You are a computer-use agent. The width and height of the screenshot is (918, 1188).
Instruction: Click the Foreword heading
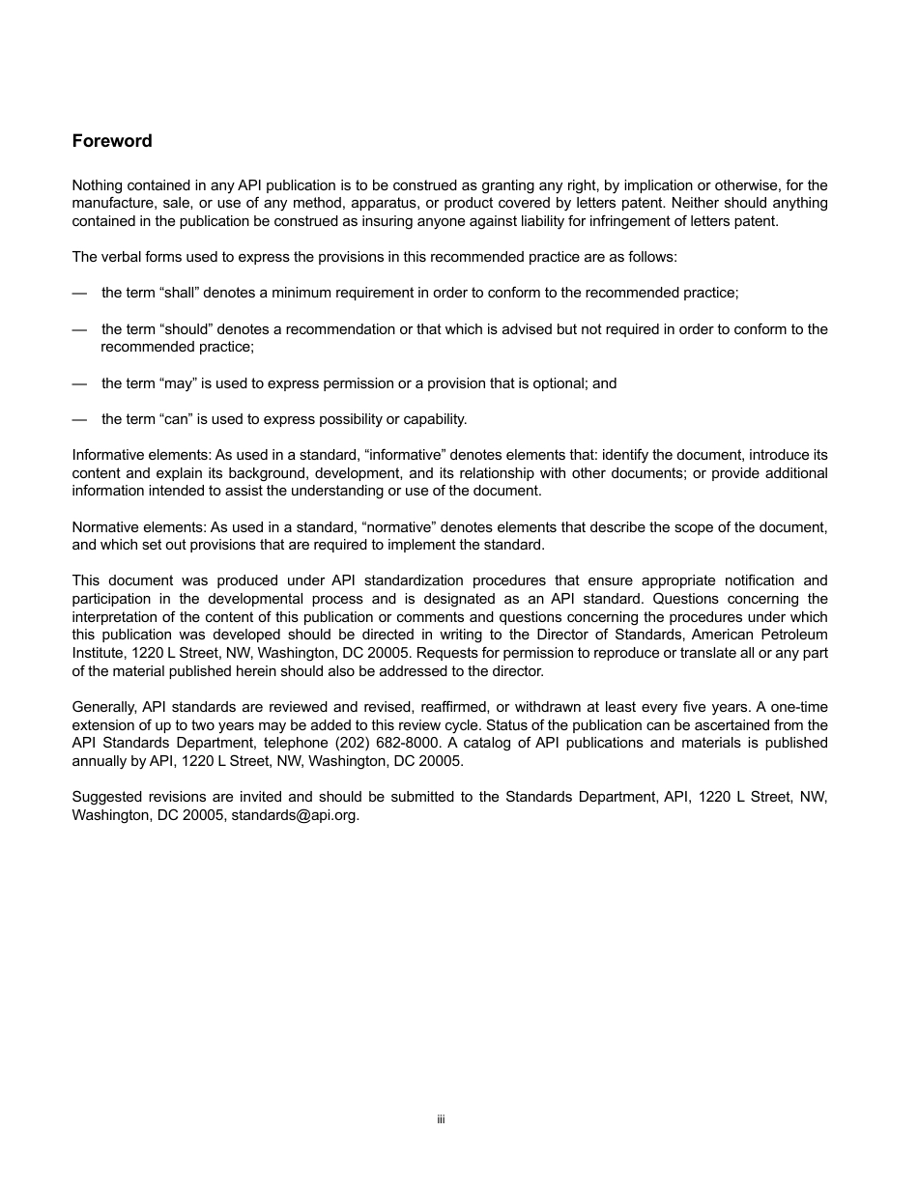coord(112,141)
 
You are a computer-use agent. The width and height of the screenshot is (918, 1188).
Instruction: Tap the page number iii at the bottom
coord(441,1119)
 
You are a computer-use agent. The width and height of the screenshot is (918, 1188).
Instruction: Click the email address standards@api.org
coord(295,814)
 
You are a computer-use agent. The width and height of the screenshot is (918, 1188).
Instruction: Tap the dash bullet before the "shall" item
coord(79,293)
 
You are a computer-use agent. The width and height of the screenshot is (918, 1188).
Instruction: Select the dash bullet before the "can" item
coord(79,419)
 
